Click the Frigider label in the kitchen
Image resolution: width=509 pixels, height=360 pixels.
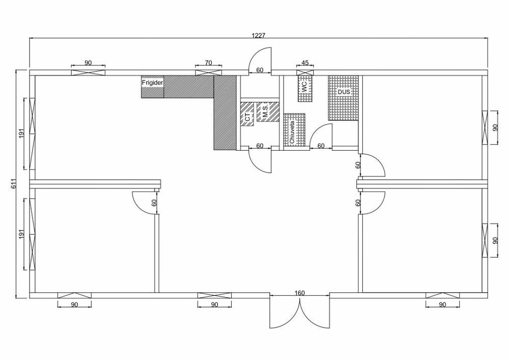click(153, 83)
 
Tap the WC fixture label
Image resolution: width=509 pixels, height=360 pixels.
click(304, 87)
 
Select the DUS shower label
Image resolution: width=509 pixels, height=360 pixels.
click(344, 92)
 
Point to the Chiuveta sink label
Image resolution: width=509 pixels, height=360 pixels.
click(292, 131)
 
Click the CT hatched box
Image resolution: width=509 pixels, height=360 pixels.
click(247, 114)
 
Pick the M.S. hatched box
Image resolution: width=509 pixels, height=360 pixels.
click(268, 112)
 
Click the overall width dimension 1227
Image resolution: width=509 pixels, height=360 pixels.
click(259, 35)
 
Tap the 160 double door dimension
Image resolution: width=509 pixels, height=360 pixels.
click(300, 293)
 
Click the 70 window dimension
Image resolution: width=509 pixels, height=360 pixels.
click(208, 63)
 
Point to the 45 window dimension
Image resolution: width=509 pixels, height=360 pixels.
click(305, 63)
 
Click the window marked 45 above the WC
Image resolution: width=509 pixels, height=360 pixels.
click(305, 73)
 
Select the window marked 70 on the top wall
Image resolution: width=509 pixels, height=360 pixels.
click(209, 73)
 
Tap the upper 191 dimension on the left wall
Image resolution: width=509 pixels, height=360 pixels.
click(21, 133)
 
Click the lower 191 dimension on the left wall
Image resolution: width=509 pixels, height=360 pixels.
click(21, 234)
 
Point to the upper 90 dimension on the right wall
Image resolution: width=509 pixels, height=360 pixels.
click(495, 127)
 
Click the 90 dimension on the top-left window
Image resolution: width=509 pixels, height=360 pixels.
click(88, 63)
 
